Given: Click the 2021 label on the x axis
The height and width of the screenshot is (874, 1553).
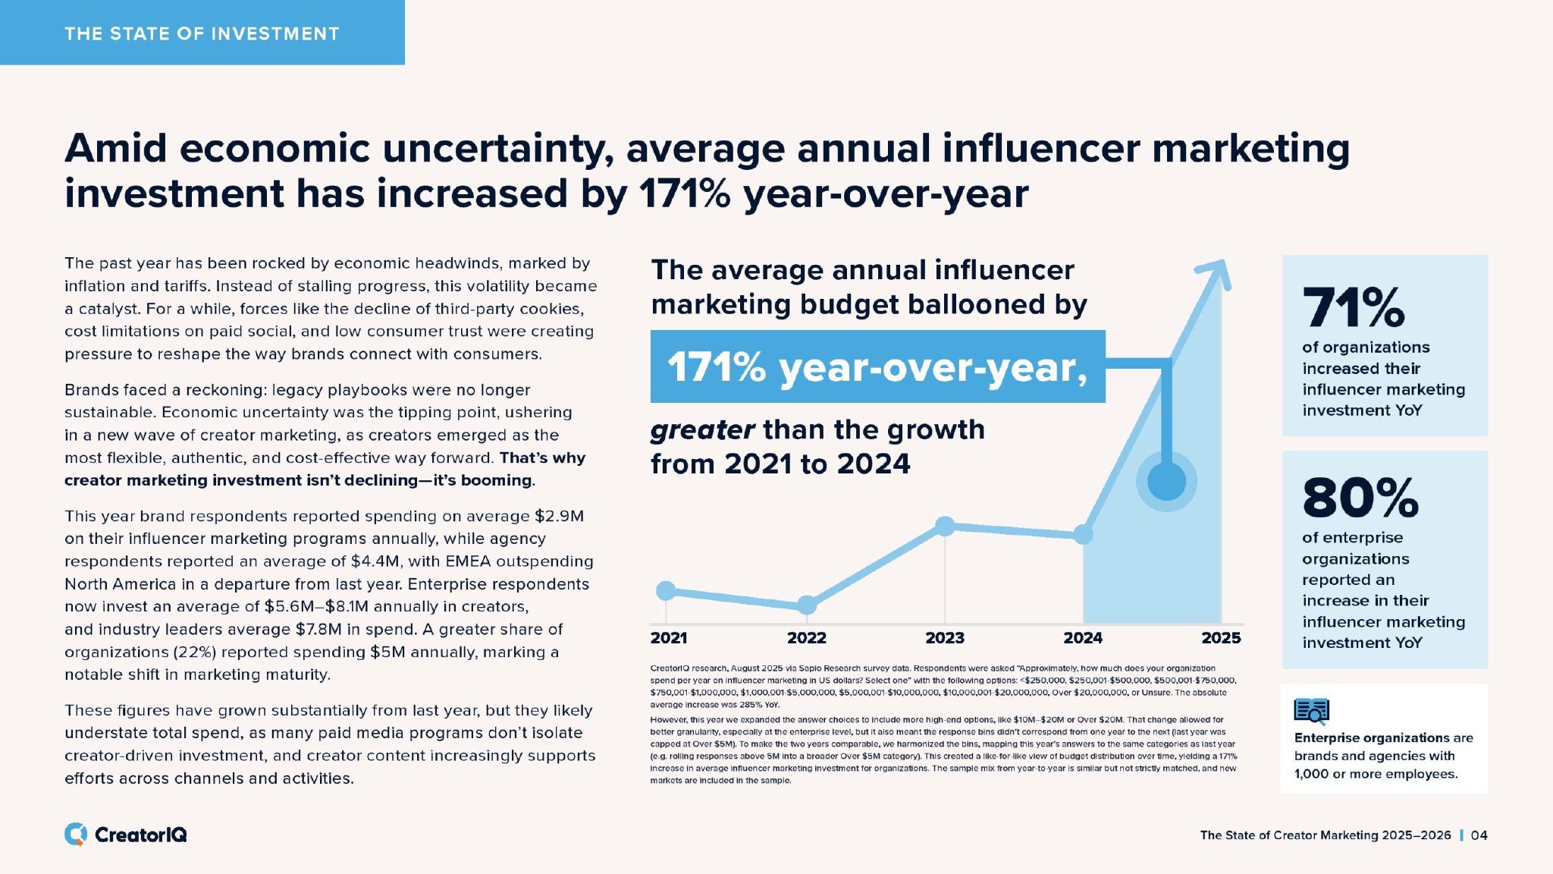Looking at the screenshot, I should pyautogui.click(x=668, y=638).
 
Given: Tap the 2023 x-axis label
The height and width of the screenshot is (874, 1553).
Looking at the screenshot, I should pyautogui.click(x=944, y=638).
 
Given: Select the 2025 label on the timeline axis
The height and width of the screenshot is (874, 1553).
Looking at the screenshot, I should pyautogui.click(x=1221, y=638).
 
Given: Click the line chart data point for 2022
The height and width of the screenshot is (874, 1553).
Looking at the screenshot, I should pyautogui.click(x=807, y=605).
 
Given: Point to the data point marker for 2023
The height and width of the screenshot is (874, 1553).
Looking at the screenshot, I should pyautogui.click(x=944, y=526).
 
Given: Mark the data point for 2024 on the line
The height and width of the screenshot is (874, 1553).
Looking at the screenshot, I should pyautogui.click(x=1084, y=535).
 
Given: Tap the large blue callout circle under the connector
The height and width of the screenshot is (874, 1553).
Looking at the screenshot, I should pyautogui.click(x=1166, y=481).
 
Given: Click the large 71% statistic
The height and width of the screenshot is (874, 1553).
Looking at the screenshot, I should pyautogui.click(x=1354, y=307).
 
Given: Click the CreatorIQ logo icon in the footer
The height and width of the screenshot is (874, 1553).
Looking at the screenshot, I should pyautogui.click(x=75, y=835).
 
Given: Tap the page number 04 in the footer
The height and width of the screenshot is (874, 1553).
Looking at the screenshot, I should pyautogui.click(x=1479, y=835).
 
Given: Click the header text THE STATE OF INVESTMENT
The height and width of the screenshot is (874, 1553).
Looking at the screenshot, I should pyautogui.click(x=202, y=33).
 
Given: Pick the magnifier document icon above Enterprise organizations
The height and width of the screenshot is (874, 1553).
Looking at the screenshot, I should pyautogui.click(x=1311, y=712).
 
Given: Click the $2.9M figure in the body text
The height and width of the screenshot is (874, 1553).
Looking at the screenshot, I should pyautogui.click(x=559, y=517).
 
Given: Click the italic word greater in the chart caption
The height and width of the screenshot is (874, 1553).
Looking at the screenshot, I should pyautogui.click(x=702, y=430).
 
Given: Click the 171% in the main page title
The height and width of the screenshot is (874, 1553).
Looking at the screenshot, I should pyautogui.click(x=685, y=193).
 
